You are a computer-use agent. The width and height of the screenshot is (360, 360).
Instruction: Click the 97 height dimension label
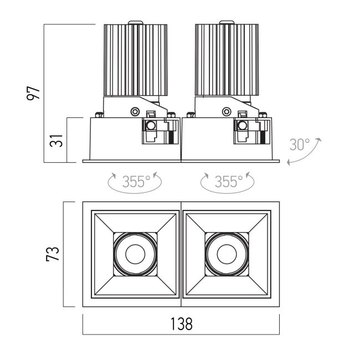(x=35, y=92)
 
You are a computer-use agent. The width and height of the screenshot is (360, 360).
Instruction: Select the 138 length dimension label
(x=181, y=324)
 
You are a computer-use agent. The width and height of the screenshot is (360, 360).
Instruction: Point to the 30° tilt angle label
(x=300, y=145)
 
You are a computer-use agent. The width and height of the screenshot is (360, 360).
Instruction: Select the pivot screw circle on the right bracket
(x=228, y=111)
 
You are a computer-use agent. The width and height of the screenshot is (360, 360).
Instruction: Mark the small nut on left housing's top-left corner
(x=99, y=115)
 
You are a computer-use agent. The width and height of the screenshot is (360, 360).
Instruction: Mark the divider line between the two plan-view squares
(x=181, y=254)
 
